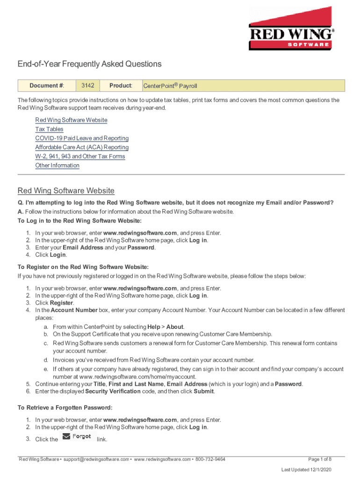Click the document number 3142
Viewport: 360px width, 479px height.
pos(88,86)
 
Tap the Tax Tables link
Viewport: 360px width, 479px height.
pos(49,129)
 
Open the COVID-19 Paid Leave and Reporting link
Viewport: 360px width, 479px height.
pos(82,138)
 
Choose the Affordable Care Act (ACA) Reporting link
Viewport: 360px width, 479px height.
pos(82,147)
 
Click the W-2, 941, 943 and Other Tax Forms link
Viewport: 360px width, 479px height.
pos(80,156)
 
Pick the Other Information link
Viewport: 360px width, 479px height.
pos(58,166)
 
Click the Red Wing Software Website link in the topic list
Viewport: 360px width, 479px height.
pos(71,120)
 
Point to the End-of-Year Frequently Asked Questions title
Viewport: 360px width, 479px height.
pos(89,64)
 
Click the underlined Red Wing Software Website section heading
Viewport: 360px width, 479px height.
pos(66,191)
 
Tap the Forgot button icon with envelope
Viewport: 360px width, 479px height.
pos(77,436)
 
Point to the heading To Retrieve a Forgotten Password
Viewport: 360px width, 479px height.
pos(65,408)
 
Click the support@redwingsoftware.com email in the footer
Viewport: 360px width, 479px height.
pos(96,459)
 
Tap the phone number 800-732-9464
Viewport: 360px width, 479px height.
pos(210,459)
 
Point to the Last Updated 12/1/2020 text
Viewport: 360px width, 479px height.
pos(306,469)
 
